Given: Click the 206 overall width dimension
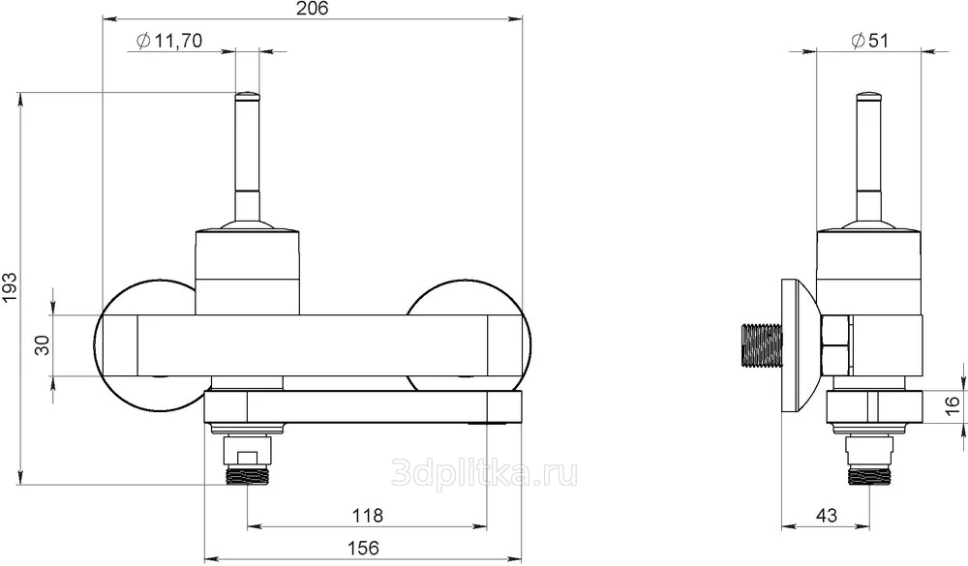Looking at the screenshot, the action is [x=312, y=8].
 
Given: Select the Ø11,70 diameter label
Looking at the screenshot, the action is [x=168, y=41].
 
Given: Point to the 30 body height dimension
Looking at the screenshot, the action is [x=43, y=345].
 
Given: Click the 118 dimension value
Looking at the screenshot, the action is [x=367, y=515].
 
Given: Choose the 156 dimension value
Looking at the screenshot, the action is [x=363, y=548].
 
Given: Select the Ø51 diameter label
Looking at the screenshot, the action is [x=869, y=41].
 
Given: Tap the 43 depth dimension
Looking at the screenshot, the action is [x=826, y=515].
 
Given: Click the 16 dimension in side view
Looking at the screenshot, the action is [x=953, y=405].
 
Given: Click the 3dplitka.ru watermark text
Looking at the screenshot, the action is [x=485, y=473].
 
